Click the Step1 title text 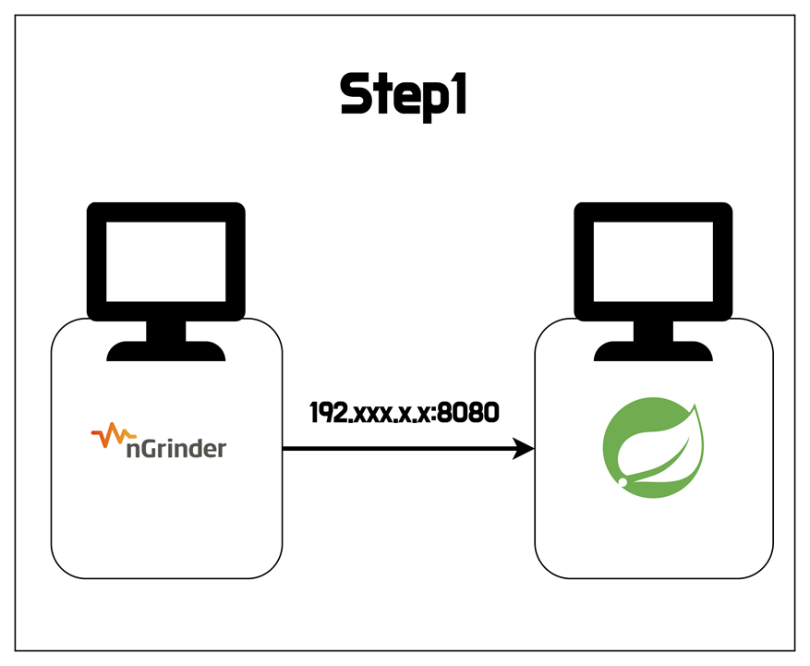click(404, 95)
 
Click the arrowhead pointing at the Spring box click(525, 449)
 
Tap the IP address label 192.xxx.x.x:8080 click(404, 412)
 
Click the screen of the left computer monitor click(165, 261)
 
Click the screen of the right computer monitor click(653, 261)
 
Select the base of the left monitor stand click(166, 350)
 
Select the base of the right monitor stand click(653, 350)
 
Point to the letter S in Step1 click(354, 94)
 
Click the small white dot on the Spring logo click(623, 482)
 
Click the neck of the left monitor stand click(166, 330)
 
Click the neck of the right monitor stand click(653, 330)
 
